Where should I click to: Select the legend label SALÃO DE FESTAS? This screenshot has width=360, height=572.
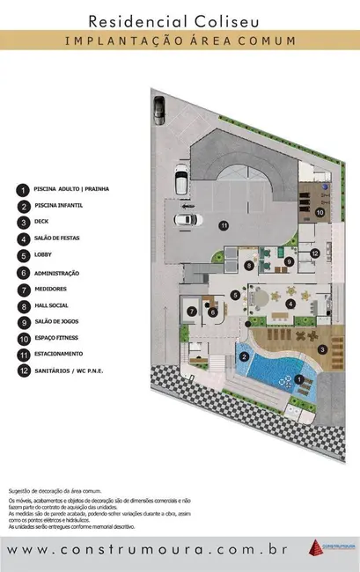point(57,238)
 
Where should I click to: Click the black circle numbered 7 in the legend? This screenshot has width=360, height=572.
point(21,289)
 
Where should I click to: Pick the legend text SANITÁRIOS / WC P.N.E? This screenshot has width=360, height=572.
point(69,371)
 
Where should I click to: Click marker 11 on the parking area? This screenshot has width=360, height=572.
point(224,226)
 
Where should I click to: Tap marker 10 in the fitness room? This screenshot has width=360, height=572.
point(320,212)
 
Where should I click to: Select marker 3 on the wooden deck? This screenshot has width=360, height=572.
point(322,349)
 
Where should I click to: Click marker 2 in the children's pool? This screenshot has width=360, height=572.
point(243,356)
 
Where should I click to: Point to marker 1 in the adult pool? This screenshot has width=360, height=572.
point(299,379)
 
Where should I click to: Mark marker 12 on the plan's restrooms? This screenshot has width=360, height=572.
point(314,253)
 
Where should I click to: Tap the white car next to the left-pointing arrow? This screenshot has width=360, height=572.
point(185,219)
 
